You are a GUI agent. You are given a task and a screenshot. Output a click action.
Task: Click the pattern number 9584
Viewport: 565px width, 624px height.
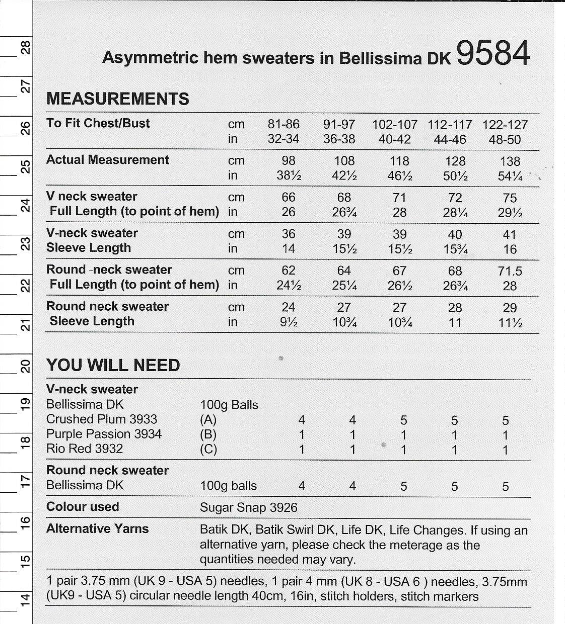coord(492,53)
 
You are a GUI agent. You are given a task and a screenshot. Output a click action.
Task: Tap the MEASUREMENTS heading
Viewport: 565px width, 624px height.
coord(118,99)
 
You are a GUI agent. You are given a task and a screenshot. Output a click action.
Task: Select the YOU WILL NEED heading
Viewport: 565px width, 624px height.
coord(113,365)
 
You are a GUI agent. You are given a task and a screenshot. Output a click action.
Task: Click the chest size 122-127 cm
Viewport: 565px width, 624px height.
coord(505,125)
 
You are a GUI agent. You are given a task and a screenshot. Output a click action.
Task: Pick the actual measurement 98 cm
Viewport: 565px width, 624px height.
coord(289,161)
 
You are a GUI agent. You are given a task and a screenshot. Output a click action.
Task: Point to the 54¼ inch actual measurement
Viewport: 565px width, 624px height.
coord(510,176)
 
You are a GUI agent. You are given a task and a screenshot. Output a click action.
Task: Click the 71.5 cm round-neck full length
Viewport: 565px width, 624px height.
coord(510,272)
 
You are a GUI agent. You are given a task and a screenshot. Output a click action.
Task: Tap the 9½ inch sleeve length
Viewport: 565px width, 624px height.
coord(289,322)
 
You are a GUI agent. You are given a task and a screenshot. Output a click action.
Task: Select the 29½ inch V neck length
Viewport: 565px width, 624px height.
coord(510,213)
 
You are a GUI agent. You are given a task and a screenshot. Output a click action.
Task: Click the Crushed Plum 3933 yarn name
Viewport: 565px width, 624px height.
coord(102,419)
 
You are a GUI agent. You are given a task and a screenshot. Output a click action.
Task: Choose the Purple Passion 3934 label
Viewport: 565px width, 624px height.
coord(104,434)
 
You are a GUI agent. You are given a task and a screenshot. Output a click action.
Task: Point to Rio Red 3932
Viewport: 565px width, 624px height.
coord(85,449)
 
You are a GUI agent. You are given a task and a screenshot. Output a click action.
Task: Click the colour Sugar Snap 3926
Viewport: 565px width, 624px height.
coord(249,507)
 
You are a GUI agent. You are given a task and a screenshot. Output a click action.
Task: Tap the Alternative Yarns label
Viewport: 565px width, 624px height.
coord(98,528)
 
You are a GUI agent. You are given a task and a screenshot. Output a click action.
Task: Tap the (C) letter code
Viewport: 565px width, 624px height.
coord(208,449)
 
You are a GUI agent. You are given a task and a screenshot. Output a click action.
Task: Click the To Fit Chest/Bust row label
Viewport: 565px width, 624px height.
coord(98,123)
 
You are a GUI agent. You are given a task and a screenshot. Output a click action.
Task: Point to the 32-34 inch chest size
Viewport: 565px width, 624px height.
coord(284,139)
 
